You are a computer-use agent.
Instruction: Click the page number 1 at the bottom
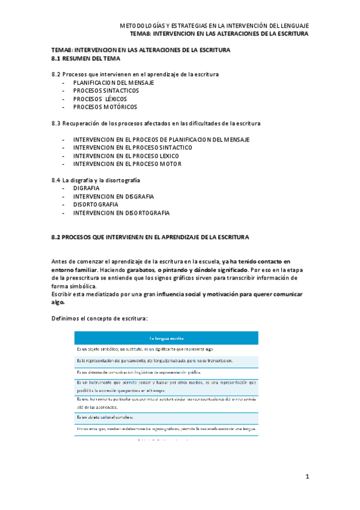click(307, 477)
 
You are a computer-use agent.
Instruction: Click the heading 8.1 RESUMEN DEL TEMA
click(86, 59)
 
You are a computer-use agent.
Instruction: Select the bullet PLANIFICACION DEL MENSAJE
click(114, 82)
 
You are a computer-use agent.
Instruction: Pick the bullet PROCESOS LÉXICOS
click(100, 99)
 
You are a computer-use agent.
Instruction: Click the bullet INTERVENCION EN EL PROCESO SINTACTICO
click(133, 147)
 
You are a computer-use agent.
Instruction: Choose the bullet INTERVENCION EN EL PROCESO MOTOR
click(127, 164)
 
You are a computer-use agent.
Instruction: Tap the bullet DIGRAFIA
click(87, 188)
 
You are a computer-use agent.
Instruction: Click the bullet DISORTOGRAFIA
click(96, 204)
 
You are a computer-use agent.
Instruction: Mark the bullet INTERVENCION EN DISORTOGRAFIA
click(121, 213)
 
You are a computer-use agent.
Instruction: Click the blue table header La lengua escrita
click(166, 338)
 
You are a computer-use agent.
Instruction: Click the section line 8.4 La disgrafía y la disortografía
click(96, 180)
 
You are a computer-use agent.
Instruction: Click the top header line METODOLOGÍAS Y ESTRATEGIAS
click(215, 26)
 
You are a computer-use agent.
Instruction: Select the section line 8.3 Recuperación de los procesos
click(156, 123)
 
